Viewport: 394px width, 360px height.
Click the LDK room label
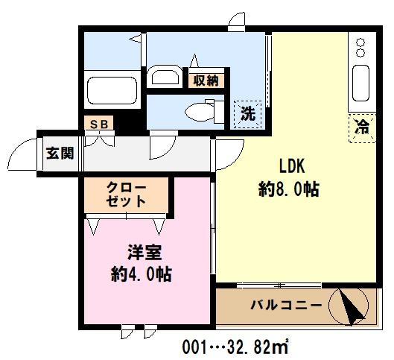point(293,165)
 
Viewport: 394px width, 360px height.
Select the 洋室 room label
point(138,252)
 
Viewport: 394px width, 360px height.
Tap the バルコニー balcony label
point(286,305)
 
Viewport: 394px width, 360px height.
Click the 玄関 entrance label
point(60,154)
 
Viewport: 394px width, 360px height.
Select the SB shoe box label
point(98,124)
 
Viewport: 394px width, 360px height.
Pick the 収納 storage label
point(206,80)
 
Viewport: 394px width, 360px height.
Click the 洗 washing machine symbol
point(247,114)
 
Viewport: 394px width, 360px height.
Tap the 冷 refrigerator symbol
point(361,127)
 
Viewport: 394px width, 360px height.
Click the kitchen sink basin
point(361,83)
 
